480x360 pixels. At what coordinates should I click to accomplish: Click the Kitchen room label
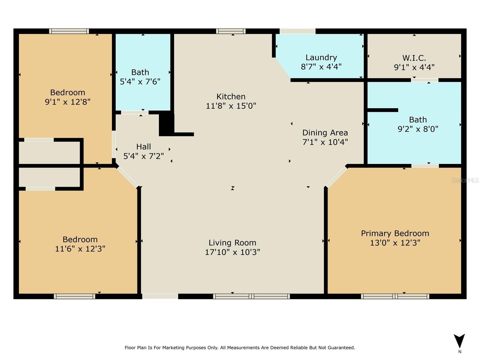point(231,97)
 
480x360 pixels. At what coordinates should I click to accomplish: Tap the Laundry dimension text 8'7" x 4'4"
point(321,67)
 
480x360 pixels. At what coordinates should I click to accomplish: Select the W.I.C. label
point(414,58)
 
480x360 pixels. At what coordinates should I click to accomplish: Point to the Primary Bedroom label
point(395,233)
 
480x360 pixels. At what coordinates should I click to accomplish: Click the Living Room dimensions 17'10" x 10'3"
point(232,252)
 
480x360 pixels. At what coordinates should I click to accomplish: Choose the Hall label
point(143,147)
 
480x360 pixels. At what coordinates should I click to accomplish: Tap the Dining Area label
point(325,133)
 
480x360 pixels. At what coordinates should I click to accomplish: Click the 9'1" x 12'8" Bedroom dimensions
point(67,102)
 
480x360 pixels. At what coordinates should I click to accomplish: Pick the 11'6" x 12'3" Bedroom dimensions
point(80,249)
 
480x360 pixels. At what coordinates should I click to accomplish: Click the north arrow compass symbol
point(459,341)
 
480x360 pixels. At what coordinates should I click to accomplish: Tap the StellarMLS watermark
point(465,180)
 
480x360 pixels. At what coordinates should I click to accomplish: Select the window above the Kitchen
point(231,31)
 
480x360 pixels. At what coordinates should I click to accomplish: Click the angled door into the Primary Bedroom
point(336,177)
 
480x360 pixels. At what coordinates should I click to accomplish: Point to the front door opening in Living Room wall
point(160,296)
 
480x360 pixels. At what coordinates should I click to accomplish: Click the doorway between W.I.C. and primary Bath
point(424,80)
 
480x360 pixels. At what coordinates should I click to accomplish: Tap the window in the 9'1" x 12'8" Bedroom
point(69,31)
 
